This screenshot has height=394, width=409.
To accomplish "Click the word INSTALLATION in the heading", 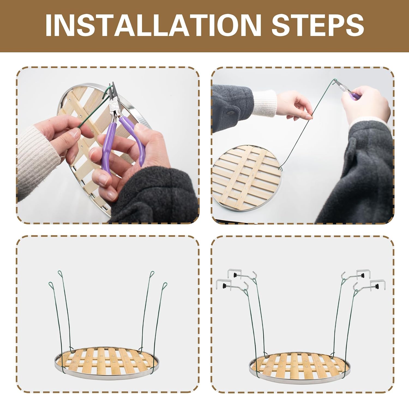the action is click(153, 25).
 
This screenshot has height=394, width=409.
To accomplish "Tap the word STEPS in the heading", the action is click(318, 25).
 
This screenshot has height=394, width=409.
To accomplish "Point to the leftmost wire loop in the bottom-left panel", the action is click(51, 286).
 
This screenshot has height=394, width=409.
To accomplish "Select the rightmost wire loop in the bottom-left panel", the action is click(164, 286).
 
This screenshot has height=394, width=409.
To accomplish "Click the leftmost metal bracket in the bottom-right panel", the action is click(224, 284).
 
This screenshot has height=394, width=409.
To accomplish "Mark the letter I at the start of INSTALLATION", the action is click(49, 25).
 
